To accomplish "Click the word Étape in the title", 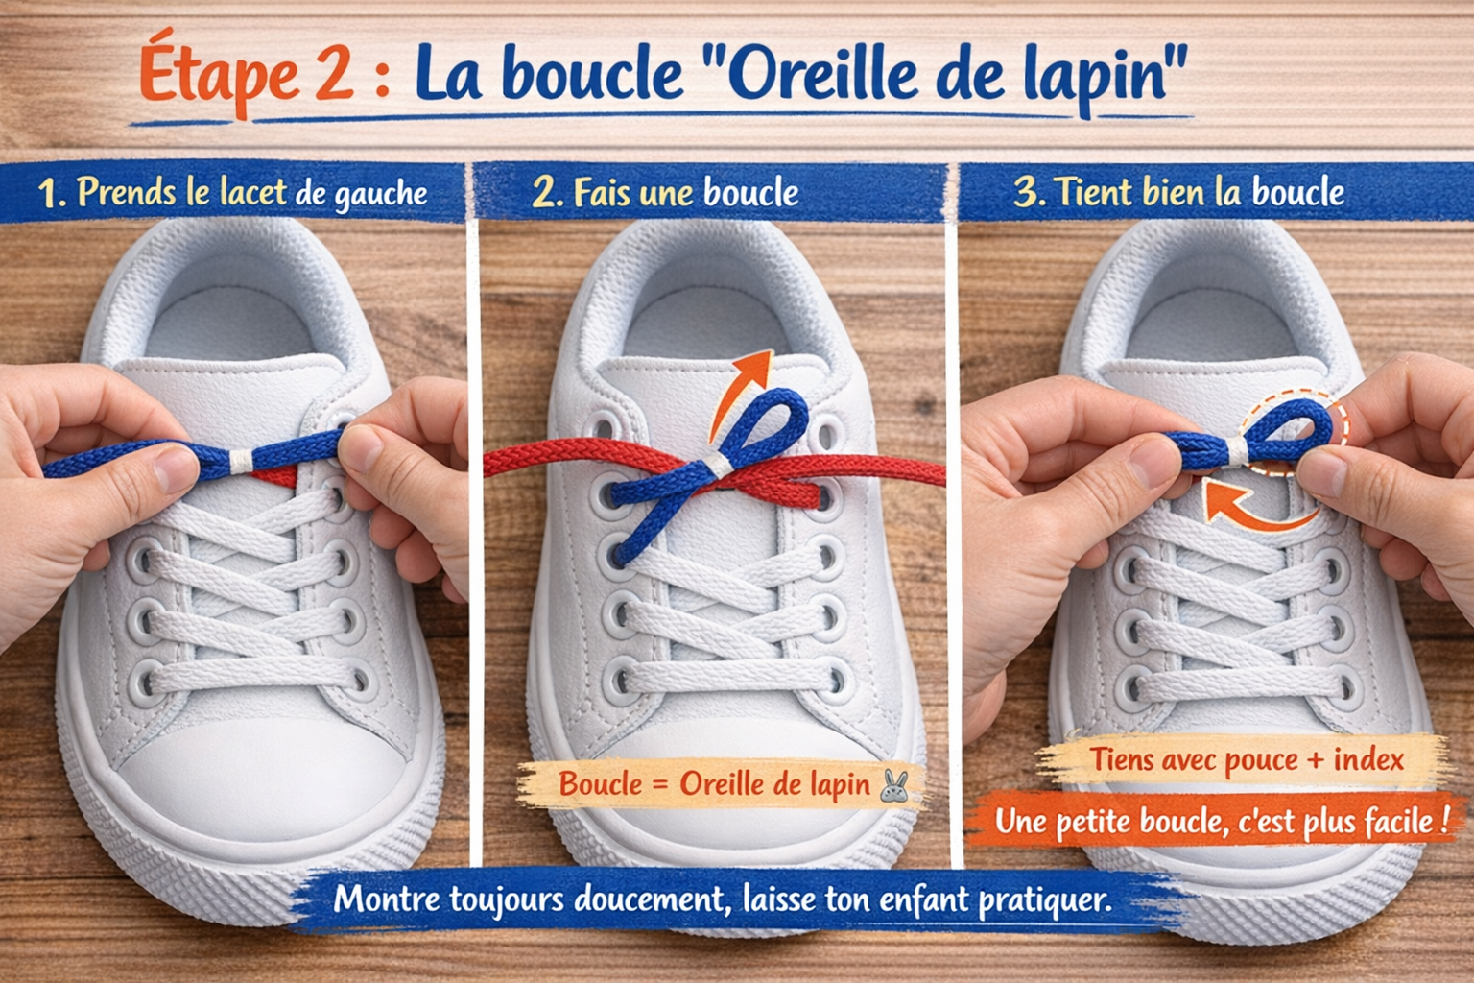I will (219, 75).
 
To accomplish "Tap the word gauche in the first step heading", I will (380, 195).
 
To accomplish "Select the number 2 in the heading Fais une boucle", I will (544, 193).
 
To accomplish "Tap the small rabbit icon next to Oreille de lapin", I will (894, 785).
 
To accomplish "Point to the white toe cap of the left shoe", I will (259, 778).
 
